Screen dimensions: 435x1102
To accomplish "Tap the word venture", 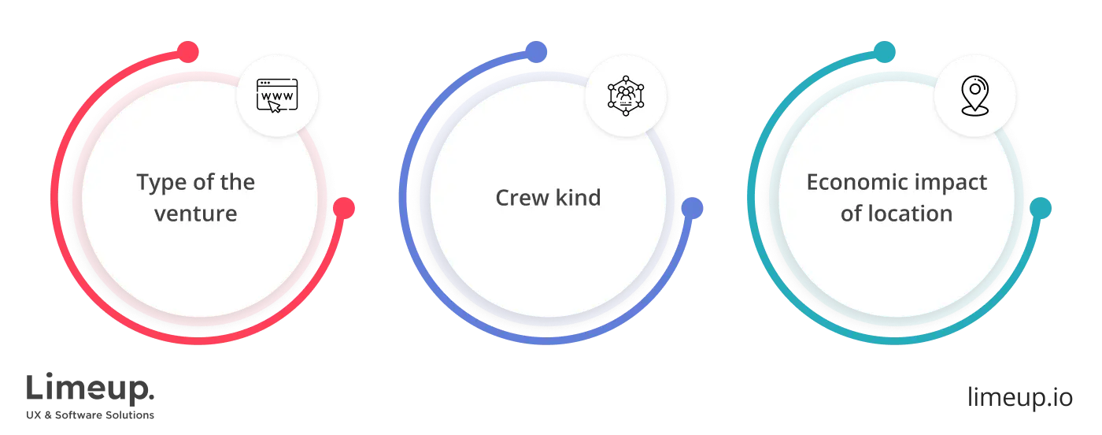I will pos(195,213).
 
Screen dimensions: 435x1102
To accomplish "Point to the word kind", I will pos(578,197).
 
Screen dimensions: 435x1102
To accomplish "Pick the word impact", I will pos(953,183).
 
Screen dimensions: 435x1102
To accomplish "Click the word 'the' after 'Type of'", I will pos(237,183).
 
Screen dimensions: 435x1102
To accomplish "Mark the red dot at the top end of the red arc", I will pos(187,52).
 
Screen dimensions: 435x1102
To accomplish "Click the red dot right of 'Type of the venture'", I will pos(344,209).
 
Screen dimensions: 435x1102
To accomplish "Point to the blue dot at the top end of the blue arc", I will pos(536,51).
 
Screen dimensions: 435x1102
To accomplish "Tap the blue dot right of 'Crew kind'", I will pos(692,208).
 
